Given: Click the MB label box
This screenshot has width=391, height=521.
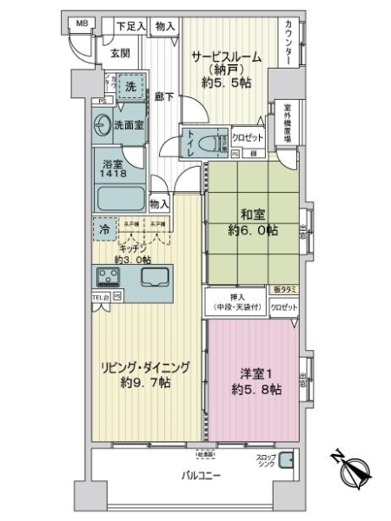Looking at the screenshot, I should point(81,23).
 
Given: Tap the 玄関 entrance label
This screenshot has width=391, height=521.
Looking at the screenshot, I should point(119,53).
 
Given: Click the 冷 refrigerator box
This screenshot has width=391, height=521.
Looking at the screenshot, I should point(103,231).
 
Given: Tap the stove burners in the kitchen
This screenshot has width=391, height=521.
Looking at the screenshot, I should point(110,278).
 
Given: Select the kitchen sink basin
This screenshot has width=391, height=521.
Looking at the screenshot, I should point(156,279).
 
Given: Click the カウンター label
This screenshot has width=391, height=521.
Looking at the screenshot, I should point(288,44).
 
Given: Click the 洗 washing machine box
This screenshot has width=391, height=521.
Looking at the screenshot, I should point(129,87).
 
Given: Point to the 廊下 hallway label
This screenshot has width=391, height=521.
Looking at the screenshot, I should point(163,97).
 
